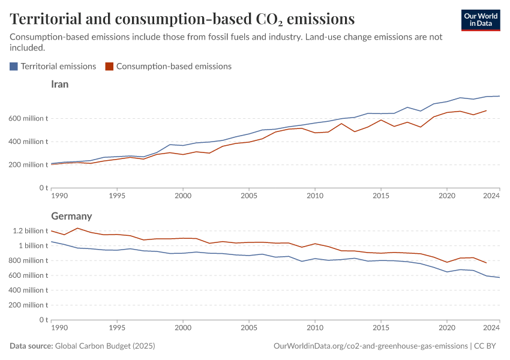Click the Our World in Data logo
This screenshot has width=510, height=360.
point(481,20)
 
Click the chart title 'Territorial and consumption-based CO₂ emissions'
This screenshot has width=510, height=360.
point(182,19)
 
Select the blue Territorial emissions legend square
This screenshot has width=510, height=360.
point(14,67)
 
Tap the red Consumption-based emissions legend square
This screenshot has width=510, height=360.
point(109,67)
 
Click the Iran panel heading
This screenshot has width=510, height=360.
point(60,85)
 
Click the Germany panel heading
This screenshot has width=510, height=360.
point(71,216)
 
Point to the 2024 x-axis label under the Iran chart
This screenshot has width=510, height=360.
point(491,196)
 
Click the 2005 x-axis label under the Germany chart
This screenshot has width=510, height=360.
point(249,328)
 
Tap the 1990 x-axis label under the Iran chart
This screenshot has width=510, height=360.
point(59,196)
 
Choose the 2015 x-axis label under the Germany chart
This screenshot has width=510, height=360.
point(380,328)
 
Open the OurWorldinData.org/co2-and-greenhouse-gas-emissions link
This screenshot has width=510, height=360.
point(370,346)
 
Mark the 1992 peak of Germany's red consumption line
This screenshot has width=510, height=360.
point(77,228)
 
